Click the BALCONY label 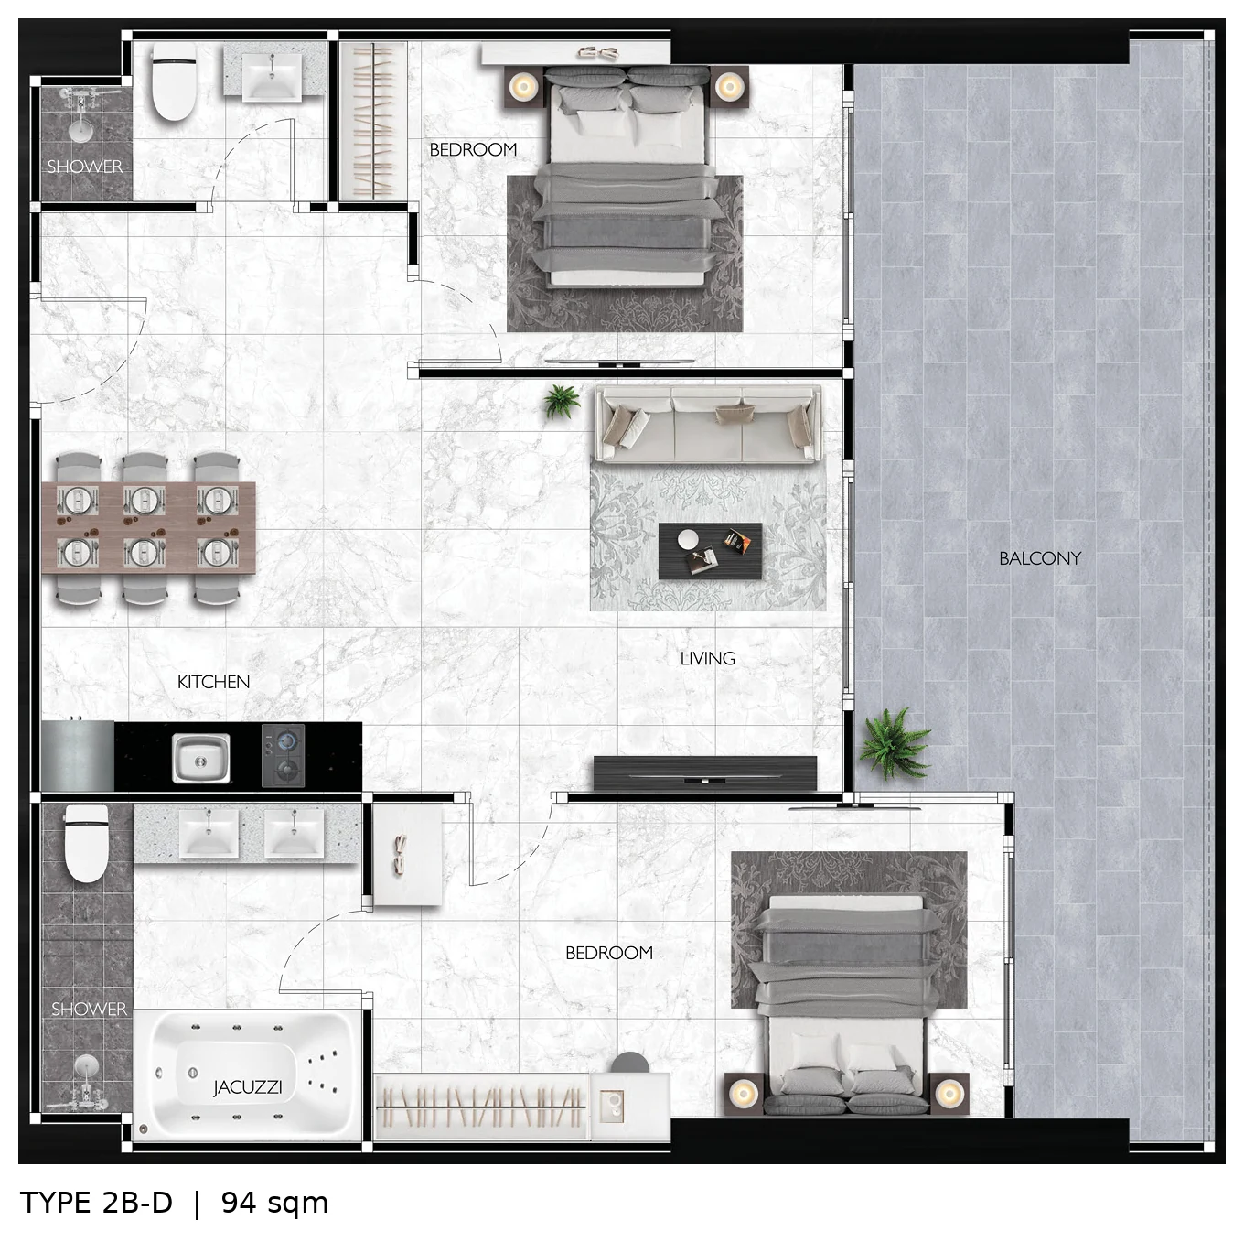(1039, 558)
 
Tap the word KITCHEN (213, 682)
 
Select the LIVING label (708, 658)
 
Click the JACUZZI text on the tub (248, 1087)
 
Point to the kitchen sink (200, 758)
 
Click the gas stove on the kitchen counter (283, 755)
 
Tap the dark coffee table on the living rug (710, 551)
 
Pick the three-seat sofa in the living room (708, 424)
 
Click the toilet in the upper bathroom (174, 81)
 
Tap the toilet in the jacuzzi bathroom (87, 843)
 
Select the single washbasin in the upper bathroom (272, 76)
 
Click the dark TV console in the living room (705, 772)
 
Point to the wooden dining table (148, 527)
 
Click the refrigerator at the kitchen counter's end (78, 755)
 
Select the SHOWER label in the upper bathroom (84, 166)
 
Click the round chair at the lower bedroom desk (630, 1063)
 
